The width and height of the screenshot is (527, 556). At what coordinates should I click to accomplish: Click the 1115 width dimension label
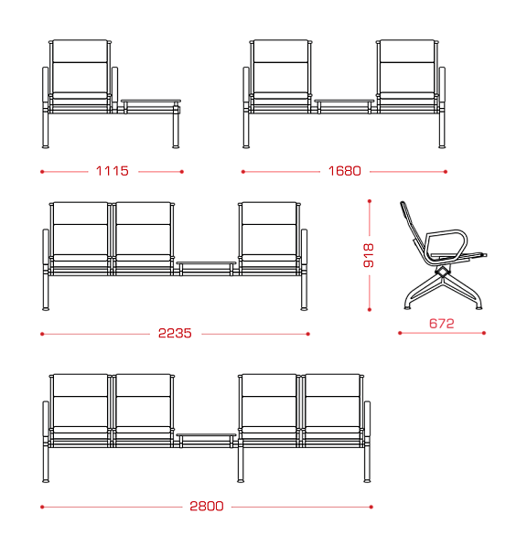click(113, 171)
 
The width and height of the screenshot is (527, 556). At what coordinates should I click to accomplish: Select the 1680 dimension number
click(345, 171)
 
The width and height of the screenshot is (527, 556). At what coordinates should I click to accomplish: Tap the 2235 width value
click(175, 333)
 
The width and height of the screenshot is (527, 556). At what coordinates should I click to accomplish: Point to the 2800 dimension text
click(207, 506)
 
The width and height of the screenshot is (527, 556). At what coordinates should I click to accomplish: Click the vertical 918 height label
click(369, 255)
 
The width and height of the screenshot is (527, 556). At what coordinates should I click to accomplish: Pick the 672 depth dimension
click(442, 324)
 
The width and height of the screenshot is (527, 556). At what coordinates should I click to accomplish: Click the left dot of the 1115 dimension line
click(42, 172)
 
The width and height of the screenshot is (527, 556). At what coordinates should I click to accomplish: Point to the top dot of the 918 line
click(370, 201)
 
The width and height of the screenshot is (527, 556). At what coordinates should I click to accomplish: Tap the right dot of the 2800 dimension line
click(371, 507)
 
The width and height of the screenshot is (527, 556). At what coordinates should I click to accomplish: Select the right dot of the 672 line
click(484, 333)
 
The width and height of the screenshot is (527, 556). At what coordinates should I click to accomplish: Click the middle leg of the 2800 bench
click(241, 464)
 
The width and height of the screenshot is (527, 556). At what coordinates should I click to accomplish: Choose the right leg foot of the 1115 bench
click(176, 146)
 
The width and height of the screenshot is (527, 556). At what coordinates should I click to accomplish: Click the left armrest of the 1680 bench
click(246, 84)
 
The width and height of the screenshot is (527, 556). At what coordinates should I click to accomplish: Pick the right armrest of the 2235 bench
click(304, 247)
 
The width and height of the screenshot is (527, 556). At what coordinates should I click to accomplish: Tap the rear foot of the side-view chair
click(407, 307)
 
